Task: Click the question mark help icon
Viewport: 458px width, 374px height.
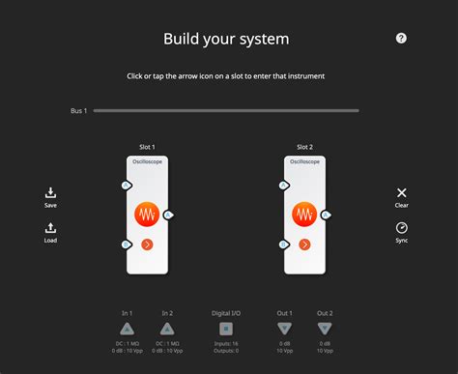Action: click(x=402, y=38)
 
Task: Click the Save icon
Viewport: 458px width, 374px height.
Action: click(x=50, y=193)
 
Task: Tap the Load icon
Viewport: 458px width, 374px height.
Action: click(x=50, y=228)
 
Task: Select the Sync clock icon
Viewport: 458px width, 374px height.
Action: click(x=402, y=228)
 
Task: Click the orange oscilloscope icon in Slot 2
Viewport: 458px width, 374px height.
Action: click(x=304, y=213)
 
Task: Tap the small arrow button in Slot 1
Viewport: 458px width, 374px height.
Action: click(x=147, y=245)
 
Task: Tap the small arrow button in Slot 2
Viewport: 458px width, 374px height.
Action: click(x=304, y=245)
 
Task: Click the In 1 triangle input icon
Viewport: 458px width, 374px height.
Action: click(x=127, y=329)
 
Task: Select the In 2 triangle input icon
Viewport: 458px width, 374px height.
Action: click(x=167, y=329)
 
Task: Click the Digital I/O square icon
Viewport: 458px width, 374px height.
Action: click(x=225, y=329)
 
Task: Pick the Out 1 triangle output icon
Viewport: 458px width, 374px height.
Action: click(x=284, y=329)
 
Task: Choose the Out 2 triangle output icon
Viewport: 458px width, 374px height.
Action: click(x=324, y=329)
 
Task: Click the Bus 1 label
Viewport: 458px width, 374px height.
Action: click(x=78, y=111)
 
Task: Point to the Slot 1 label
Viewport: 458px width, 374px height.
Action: click(x=147, y=147)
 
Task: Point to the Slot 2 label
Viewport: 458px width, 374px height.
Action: click(x=304, y=147)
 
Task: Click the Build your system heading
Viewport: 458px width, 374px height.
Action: click(x=226, y=40)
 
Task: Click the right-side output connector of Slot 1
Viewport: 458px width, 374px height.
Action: click(x=168, y=215)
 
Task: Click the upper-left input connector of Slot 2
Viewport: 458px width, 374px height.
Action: click(x=283, y=185)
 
